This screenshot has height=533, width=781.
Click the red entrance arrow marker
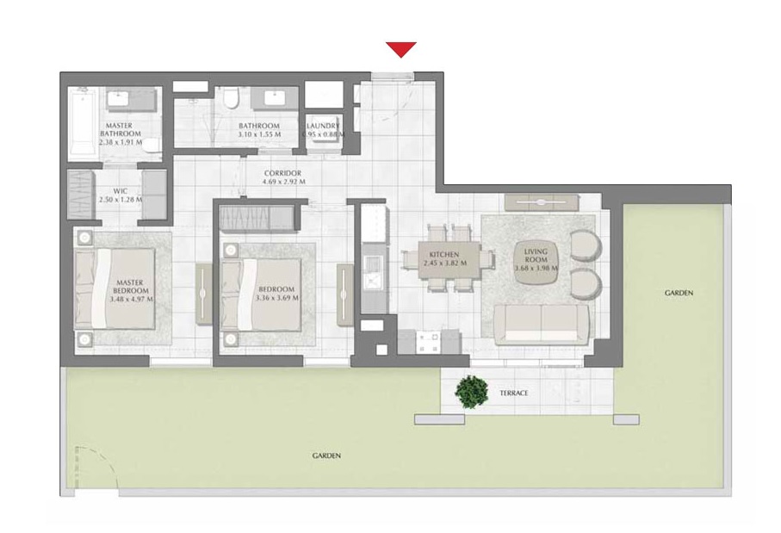(401, 49)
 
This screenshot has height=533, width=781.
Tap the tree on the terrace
(470, 394)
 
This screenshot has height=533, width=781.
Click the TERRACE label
(513, 394)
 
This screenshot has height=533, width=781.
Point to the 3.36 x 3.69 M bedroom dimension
(276, 299)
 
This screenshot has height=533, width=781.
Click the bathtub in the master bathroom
(84, 124)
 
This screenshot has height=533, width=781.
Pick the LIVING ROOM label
(536, 256)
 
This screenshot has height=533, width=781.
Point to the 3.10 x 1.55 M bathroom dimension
(259, 135)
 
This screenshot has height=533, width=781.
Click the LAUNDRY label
(324, 126)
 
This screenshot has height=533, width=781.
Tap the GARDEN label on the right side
(679, 294)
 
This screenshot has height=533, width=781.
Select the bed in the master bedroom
(114, 288)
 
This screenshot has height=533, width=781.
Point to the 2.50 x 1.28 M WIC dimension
(121, 200)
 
